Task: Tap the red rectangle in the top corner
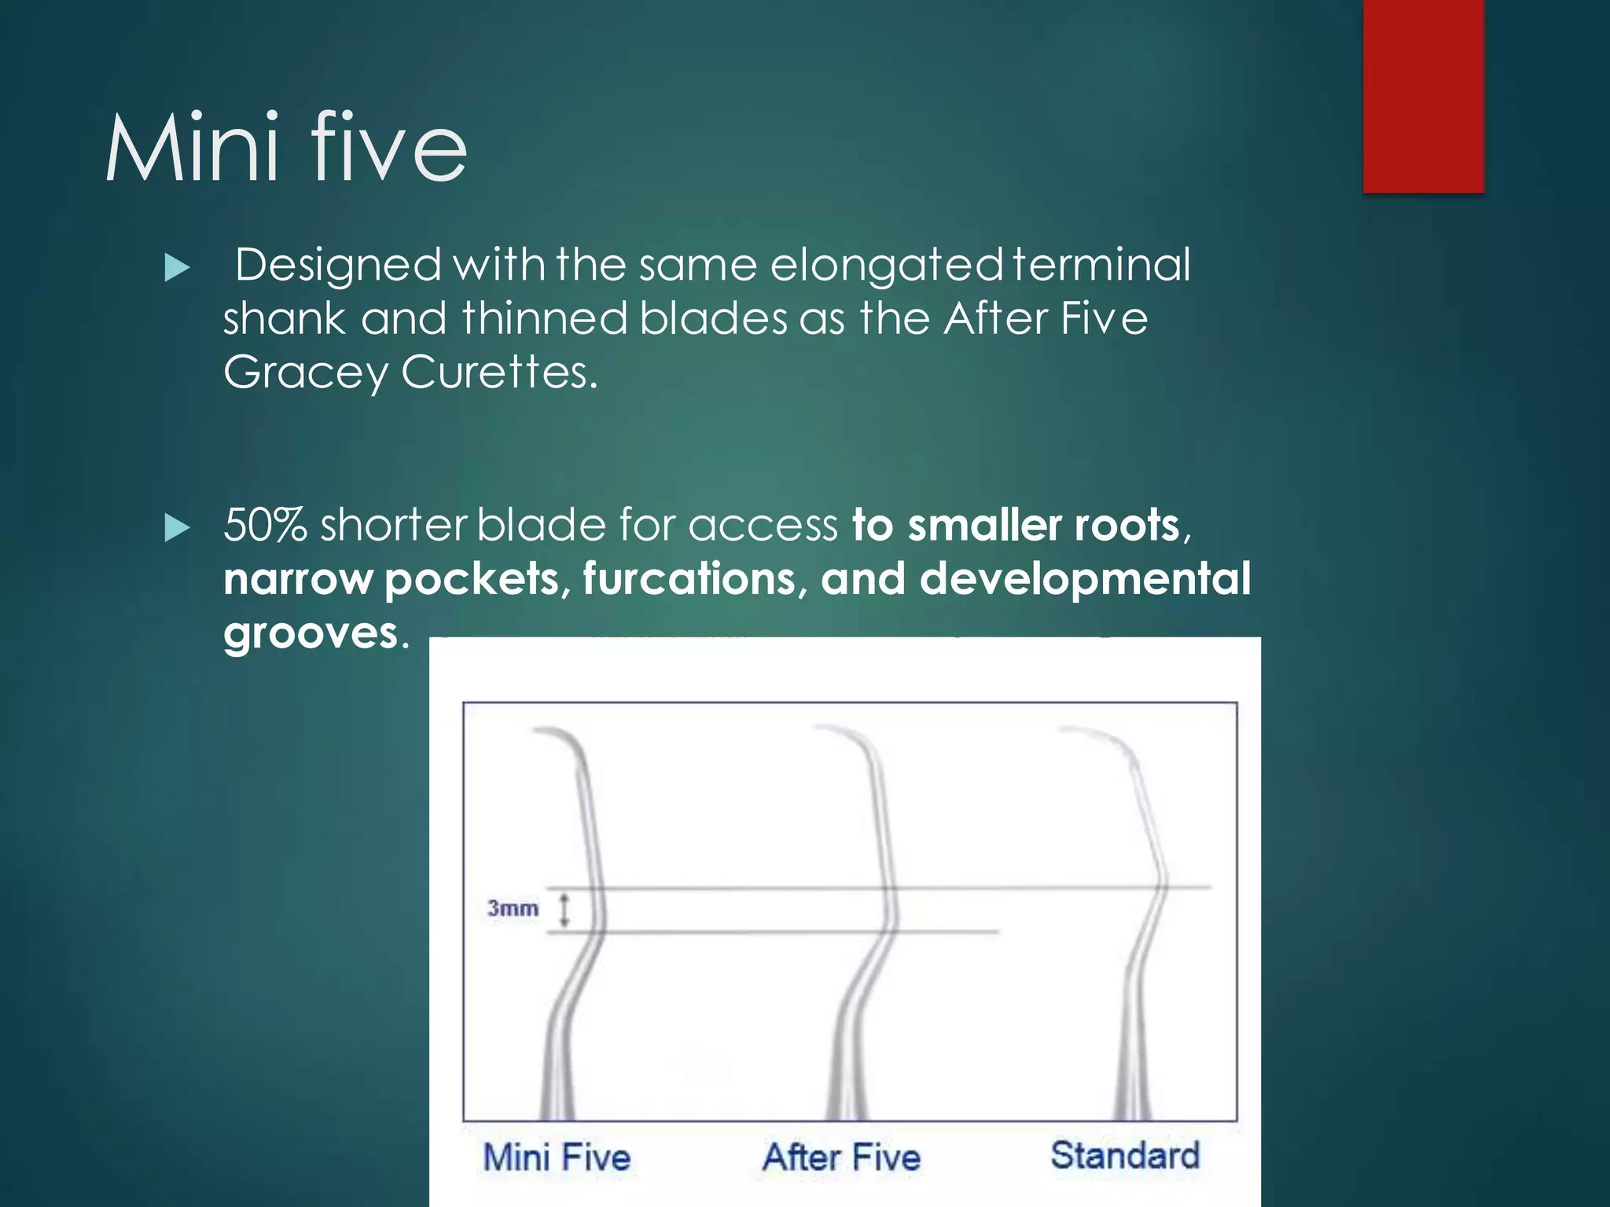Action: pos(1423,96)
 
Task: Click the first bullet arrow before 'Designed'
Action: pos(178,268)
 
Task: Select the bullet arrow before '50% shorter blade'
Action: pos(178,528)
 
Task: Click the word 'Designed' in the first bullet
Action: pos(338,266)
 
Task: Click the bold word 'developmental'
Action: pos(1085,579)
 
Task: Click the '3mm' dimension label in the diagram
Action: pos(513,908)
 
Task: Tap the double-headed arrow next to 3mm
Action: pos(564,909)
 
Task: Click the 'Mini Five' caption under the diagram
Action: pos(557,1157)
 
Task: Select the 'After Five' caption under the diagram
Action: pos(841,1157)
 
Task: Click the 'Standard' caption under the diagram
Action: pos(1125,1155)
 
